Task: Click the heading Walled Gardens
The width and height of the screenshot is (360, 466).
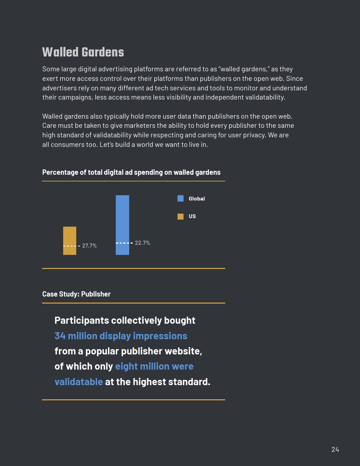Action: click(x=83, y=52)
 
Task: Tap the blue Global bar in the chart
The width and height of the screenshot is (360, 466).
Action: click(x=122, y=219)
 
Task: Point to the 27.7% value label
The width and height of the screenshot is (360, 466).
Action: click(x=89, y=246)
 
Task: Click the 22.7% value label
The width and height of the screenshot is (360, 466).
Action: click(x=142, y=243)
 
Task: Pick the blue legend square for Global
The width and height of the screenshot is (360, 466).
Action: click(x=180, y=199)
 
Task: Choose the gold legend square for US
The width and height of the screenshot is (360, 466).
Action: click(x=180, y=216)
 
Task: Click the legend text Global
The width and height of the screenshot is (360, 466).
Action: click(x=197, y=199)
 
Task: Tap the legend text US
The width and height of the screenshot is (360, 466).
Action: click(x=192, y=216)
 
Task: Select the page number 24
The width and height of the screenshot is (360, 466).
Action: click(x=335, y=449)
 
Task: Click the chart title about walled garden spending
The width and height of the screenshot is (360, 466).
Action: click(x=131, y=172)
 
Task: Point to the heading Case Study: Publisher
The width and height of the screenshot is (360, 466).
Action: click(x=76, y=294)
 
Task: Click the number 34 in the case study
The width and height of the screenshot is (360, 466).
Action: click(x=60, y=336)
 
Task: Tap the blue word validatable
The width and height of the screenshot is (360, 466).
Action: click(x=79, y=382)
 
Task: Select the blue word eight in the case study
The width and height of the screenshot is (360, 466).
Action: click(x=126, y=366)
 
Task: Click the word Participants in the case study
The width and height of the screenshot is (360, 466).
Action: click(x=82, y=321)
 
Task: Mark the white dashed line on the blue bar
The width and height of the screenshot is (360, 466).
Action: click(x=122, y=243)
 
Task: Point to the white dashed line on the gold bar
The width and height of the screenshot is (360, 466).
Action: click(x=70, y=246)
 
